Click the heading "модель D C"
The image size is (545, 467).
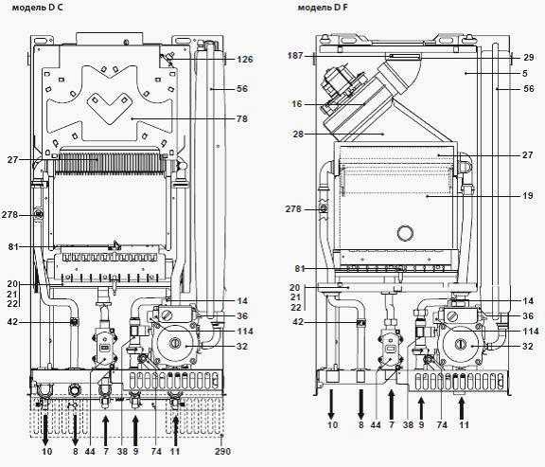point(38,8)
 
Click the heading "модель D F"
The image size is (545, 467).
point(323,8)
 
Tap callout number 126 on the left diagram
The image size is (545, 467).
point(245,60)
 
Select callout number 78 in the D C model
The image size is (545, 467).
point(242,119)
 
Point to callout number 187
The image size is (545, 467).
point(295,56)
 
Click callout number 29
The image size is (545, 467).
point(528,57)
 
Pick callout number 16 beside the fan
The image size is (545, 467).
point(297,104)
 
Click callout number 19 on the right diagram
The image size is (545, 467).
point(528,196)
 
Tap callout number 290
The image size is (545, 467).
point(222,451)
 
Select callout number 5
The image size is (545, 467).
point(525,73)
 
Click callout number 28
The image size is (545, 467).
point(298,134)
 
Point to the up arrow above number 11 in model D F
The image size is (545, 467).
point(462,408)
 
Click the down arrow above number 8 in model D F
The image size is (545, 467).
point(361,404)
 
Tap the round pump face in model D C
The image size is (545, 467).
point(173,344)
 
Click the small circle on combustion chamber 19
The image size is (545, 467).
point(405,232)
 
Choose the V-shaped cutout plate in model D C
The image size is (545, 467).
point(110,108)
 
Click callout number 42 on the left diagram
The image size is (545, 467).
point(12,323)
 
